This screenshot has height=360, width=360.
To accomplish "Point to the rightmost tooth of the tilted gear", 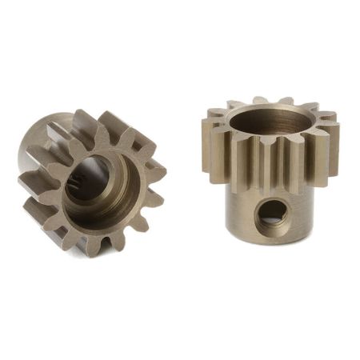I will pyautogui.click(x=154, y=170).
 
